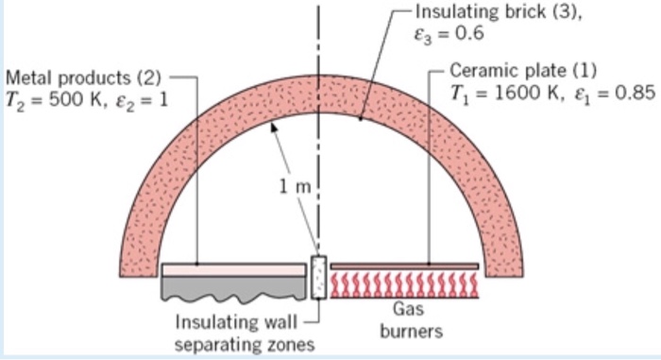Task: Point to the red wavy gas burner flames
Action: [x=406, y=283]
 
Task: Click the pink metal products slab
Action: [x=233, y=269]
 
